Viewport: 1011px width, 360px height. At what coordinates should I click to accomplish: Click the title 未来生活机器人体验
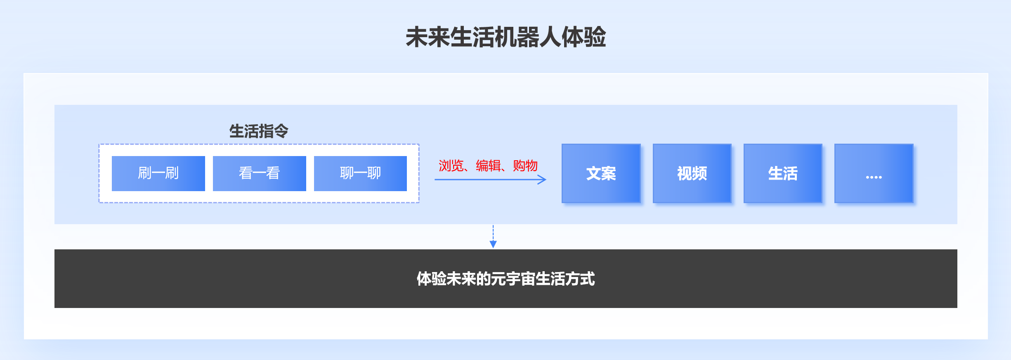505,37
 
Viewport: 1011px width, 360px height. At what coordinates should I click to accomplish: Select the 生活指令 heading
259,131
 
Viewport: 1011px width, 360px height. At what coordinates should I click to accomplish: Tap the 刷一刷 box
158,173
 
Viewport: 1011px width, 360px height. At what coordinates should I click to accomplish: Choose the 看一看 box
260,173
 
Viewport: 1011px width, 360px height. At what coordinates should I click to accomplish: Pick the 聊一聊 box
360,173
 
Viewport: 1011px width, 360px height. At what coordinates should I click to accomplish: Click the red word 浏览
451,166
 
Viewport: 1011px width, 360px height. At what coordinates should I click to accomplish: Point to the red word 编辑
488,166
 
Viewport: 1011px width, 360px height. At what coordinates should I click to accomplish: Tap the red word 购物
525,166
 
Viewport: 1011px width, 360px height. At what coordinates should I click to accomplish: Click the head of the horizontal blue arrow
546,180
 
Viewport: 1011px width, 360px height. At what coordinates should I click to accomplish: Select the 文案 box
601,173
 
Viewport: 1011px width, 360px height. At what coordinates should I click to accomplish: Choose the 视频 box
692,173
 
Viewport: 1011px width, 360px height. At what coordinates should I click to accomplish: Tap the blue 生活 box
783,173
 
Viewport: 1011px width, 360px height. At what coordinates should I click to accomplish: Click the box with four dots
874,173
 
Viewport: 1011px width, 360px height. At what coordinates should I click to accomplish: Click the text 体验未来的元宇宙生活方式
506,279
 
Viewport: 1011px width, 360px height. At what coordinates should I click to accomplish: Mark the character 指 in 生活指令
266,131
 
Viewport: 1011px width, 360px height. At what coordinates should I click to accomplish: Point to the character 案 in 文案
609,173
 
